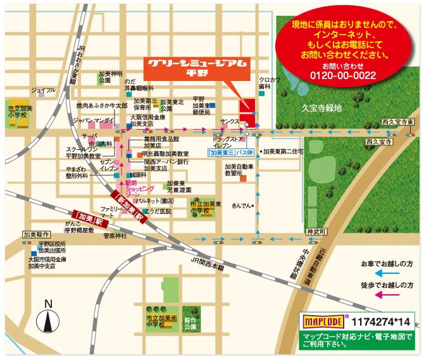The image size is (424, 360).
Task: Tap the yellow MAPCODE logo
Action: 323,320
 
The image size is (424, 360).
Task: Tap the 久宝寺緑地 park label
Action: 321,108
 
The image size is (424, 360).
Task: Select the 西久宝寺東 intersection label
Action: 397,121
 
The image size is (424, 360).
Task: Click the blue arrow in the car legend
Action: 389,273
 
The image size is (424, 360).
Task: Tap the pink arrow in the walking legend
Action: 389,294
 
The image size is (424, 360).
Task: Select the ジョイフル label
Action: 43,90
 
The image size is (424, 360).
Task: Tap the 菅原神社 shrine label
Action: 115,235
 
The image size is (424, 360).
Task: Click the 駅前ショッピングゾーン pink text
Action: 140,189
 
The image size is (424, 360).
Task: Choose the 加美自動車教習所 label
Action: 237,170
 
